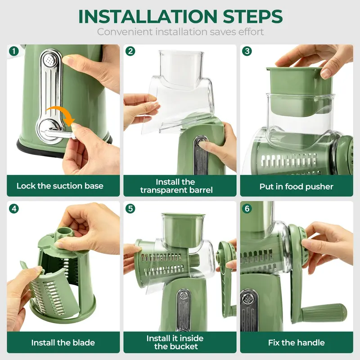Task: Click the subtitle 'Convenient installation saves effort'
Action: pyautogui.click(x=180, y=32)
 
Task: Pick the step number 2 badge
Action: pyautogui.click(x=130, y=51)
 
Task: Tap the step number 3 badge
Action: pyautogui.click(x=247, y=51)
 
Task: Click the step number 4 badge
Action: pyautogui.click(x=13, y=209)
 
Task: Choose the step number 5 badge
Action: pyautogui.click(x=130, y=209)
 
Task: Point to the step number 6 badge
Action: pyautogui.click(x=247, y=209)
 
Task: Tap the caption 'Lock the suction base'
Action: pyautogui.click(x=60, y=186)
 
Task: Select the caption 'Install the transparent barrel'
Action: pyautogui.click(x=175, y=186)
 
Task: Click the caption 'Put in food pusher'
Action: pyautogui.click(x=296, y=186)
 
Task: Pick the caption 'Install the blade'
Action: pyautogui.click(x=63, y=342)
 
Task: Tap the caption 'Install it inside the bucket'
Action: pyautogui.click(x=175, y=342)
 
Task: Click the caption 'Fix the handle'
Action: pyautogui.click(x=296, y=342)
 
